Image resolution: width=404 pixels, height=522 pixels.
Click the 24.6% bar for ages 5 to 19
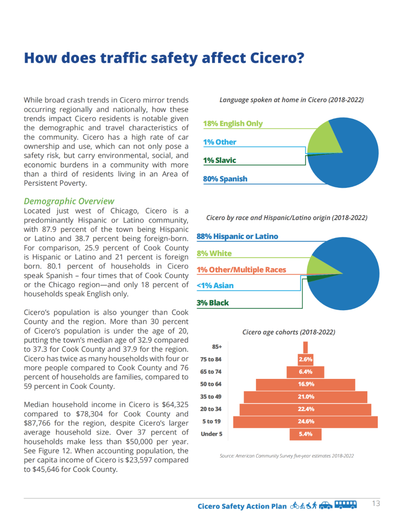(305, 422)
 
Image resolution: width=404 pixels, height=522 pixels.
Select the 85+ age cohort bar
(306, 347)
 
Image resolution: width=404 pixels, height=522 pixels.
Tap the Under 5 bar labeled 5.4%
(305, 434)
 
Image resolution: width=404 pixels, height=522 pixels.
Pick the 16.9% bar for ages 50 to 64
(305, 384)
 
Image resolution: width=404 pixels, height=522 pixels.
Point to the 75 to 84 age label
(211, 359)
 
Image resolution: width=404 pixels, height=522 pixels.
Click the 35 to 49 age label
(211, 397)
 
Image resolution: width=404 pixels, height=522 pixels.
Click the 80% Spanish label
(225, 179)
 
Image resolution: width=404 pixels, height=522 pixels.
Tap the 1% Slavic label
(220, 160)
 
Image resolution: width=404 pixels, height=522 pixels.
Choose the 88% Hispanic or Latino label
(237, 237)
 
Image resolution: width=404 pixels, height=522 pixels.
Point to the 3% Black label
(212, 303)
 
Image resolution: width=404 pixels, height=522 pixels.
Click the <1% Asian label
(215, 286)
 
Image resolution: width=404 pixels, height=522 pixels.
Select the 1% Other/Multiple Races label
(241, 270)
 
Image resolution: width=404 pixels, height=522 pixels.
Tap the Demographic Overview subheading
(69, 201)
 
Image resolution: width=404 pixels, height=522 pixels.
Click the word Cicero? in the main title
(277, 58)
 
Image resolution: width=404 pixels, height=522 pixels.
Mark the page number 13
(376, 504)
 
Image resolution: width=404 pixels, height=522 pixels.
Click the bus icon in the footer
(345, 505)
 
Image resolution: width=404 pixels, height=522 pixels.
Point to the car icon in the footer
(325, 506)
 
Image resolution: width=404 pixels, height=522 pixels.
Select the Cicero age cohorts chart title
(288, 332)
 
